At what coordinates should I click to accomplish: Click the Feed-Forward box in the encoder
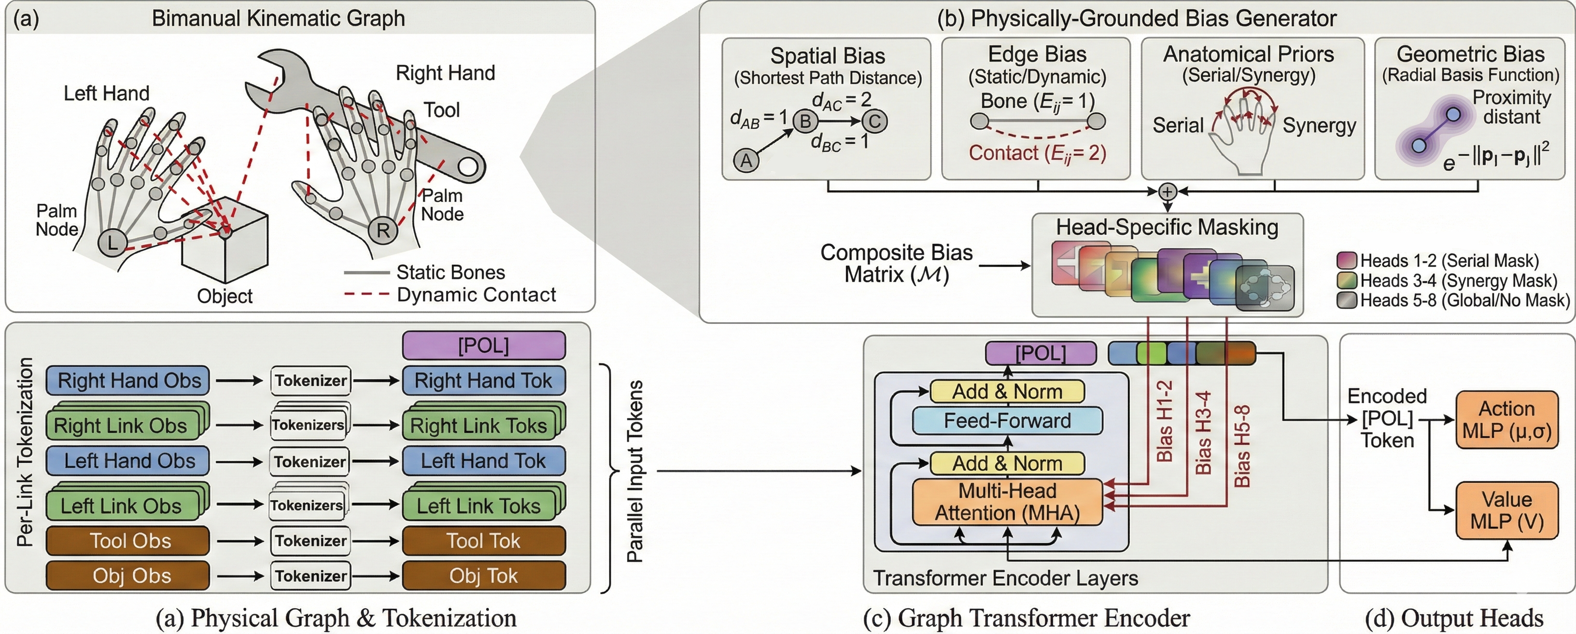click(1007, 421)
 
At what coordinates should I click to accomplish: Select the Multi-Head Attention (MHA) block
click(1007, 502)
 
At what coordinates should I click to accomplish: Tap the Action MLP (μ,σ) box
click(1506, 420)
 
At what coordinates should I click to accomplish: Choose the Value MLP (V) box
click(1506, 510)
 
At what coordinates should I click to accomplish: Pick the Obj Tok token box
click(483, 576)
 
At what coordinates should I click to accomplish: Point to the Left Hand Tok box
click(483, 461)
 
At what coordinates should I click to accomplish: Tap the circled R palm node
click(383, 231)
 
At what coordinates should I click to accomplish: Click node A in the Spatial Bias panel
click(746, 161)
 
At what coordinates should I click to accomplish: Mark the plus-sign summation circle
click(1167, 191)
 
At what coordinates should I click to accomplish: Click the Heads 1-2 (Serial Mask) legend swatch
click(1347, 261)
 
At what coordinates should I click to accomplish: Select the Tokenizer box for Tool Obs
click(311, 541)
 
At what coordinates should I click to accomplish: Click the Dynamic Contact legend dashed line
click(366, 294)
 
